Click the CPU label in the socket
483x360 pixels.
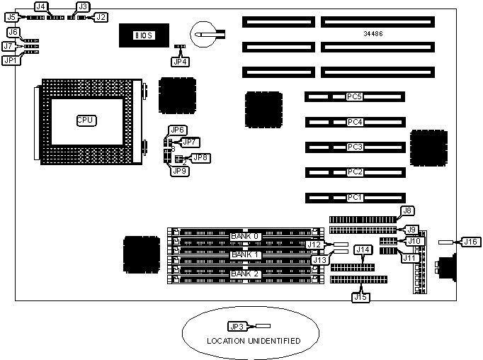coord(86,120)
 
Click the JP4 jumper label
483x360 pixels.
coord(181,61)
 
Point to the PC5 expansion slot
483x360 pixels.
coord(355,96)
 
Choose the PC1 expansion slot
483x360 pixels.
coord(355,197)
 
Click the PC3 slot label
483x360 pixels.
coord(355,147)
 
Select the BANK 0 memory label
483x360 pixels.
coord(246,236)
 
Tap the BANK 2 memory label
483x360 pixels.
coord(246,274)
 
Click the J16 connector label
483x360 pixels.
coord(471,242)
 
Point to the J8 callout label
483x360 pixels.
coord(407,210)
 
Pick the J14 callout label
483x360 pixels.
coord(363,249)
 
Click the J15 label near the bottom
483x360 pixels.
coord(360,296)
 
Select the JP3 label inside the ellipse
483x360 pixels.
coord(237,327)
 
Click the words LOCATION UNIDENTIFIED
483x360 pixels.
coord(254,342)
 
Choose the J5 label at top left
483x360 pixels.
coord(12,16)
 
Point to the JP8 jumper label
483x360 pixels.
coord(200,157)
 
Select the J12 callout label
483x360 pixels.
coord(315,244)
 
